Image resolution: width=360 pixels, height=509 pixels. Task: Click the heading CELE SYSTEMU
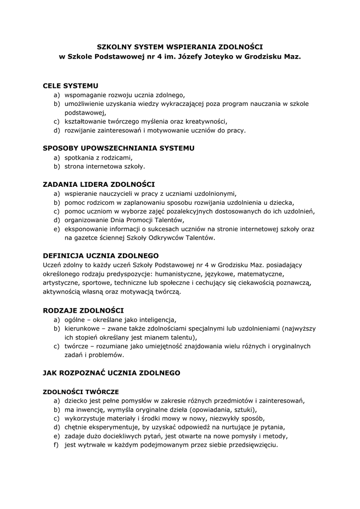[71, 86]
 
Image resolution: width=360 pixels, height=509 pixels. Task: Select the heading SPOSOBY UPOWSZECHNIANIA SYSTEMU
[119, 148]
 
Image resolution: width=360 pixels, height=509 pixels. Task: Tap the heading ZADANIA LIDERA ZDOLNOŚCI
[99, 184]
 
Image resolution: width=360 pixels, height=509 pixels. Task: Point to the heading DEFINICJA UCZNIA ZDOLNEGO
[100, 255]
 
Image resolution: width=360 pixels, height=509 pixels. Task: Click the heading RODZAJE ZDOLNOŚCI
[83, 310]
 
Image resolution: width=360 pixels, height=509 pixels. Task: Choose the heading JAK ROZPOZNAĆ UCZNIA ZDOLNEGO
[111, 372]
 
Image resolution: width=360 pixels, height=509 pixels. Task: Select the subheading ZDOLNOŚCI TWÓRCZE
[81, 391]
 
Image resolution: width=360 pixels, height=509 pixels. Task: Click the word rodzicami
[116, 157]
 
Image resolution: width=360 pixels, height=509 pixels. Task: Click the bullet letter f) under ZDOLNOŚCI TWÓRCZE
[57, 445]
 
